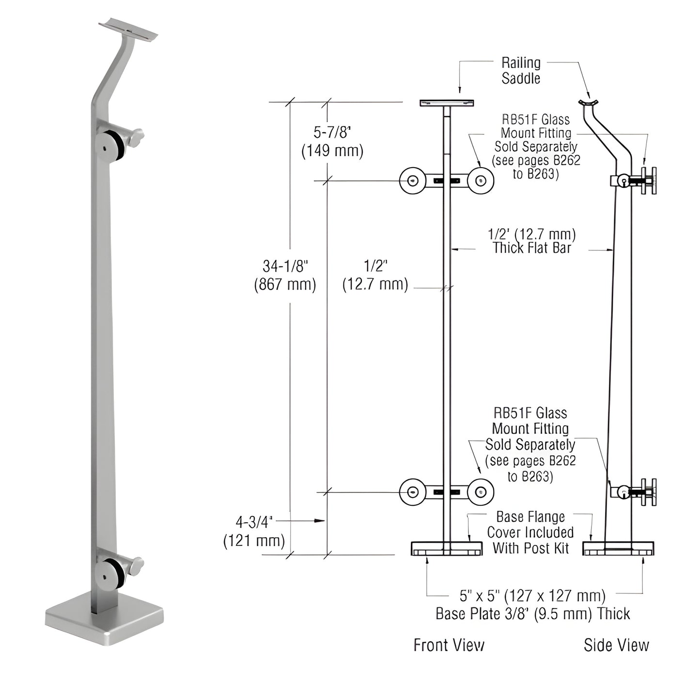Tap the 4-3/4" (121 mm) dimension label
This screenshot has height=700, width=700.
click(254, 531)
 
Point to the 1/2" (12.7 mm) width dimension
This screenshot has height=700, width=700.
click(375, 275)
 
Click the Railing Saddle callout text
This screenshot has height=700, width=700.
click(521, 70)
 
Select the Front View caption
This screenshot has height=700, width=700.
click(449, 645)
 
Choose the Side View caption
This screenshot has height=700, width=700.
click(616, 645)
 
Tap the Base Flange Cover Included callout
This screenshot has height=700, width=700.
click(530, 532)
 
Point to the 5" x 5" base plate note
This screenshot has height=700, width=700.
click(532, 604)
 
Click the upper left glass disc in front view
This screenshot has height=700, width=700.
click(412, 181)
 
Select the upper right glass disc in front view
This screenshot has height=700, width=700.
click(481, 181)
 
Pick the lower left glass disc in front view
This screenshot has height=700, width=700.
click(412, 492)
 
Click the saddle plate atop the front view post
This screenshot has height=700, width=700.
click(447, 103)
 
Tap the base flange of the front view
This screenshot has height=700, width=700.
click(447, 548)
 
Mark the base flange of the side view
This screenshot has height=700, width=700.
click(618, 548)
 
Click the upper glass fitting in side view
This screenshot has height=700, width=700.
click(635, 181)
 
